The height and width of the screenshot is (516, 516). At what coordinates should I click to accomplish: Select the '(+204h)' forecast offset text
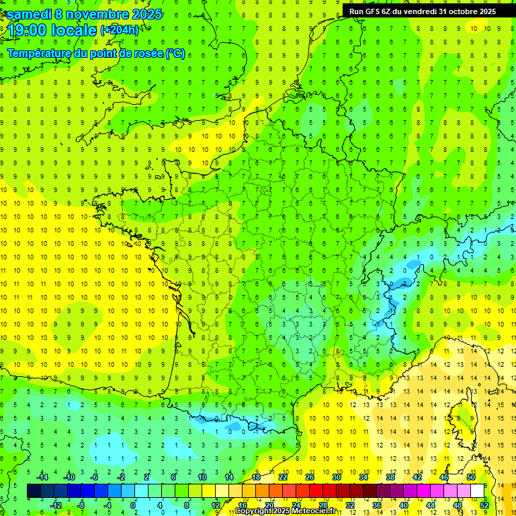(x=120, y=30)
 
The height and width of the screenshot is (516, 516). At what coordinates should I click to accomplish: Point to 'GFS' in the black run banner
(x=376, y=11)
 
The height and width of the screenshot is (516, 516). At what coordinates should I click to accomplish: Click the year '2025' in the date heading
(x=142, y=14)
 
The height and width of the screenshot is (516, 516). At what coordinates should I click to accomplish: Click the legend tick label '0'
(x=132, y=505)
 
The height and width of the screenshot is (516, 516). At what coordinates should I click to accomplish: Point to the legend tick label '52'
(x=484, y=505)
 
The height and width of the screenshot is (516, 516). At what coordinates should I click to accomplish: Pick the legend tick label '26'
(x=310, y=476)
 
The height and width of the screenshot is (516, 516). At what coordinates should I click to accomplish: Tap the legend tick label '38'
(x=390, y=476)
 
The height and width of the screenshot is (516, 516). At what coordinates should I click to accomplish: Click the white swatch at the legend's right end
(x=478, y=491)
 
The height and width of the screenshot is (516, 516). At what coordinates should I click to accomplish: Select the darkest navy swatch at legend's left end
(x=34, y=491)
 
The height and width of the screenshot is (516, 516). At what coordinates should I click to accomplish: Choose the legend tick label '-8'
(x=81, y=505)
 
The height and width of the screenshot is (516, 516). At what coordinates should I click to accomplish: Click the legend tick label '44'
(x=431, y=505)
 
